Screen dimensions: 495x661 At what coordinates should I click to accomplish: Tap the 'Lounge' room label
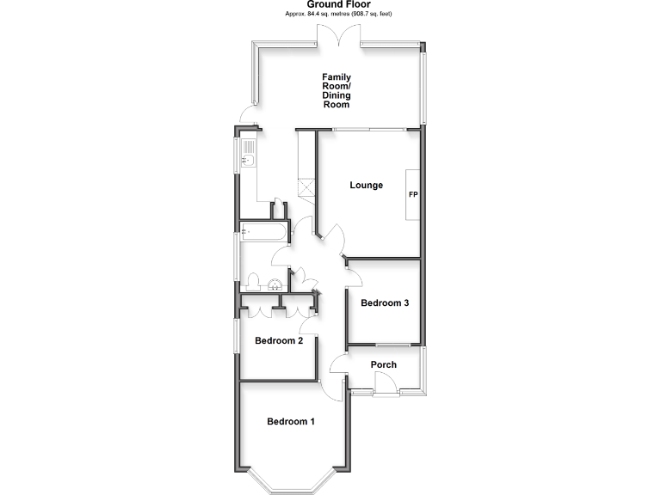[366, 186]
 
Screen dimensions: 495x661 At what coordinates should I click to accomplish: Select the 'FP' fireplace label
[413, 194]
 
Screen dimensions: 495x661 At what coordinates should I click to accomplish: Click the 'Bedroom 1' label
[291, 421]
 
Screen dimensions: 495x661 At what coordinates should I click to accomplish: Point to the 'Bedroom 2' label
[279, 341]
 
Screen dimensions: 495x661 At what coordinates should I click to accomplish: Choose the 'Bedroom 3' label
[384, 302]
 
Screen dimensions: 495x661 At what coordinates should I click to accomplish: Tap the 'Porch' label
[383, 364]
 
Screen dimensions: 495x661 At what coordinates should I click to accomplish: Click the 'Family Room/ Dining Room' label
[336, 90]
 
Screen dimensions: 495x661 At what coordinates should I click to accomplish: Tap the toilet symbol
[252, 282]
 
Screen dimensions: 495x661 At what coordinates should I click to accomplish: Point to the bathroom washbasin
[274, 284]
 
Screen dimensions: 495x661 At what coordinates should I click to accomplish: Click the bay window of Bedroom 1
[290, 481]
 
